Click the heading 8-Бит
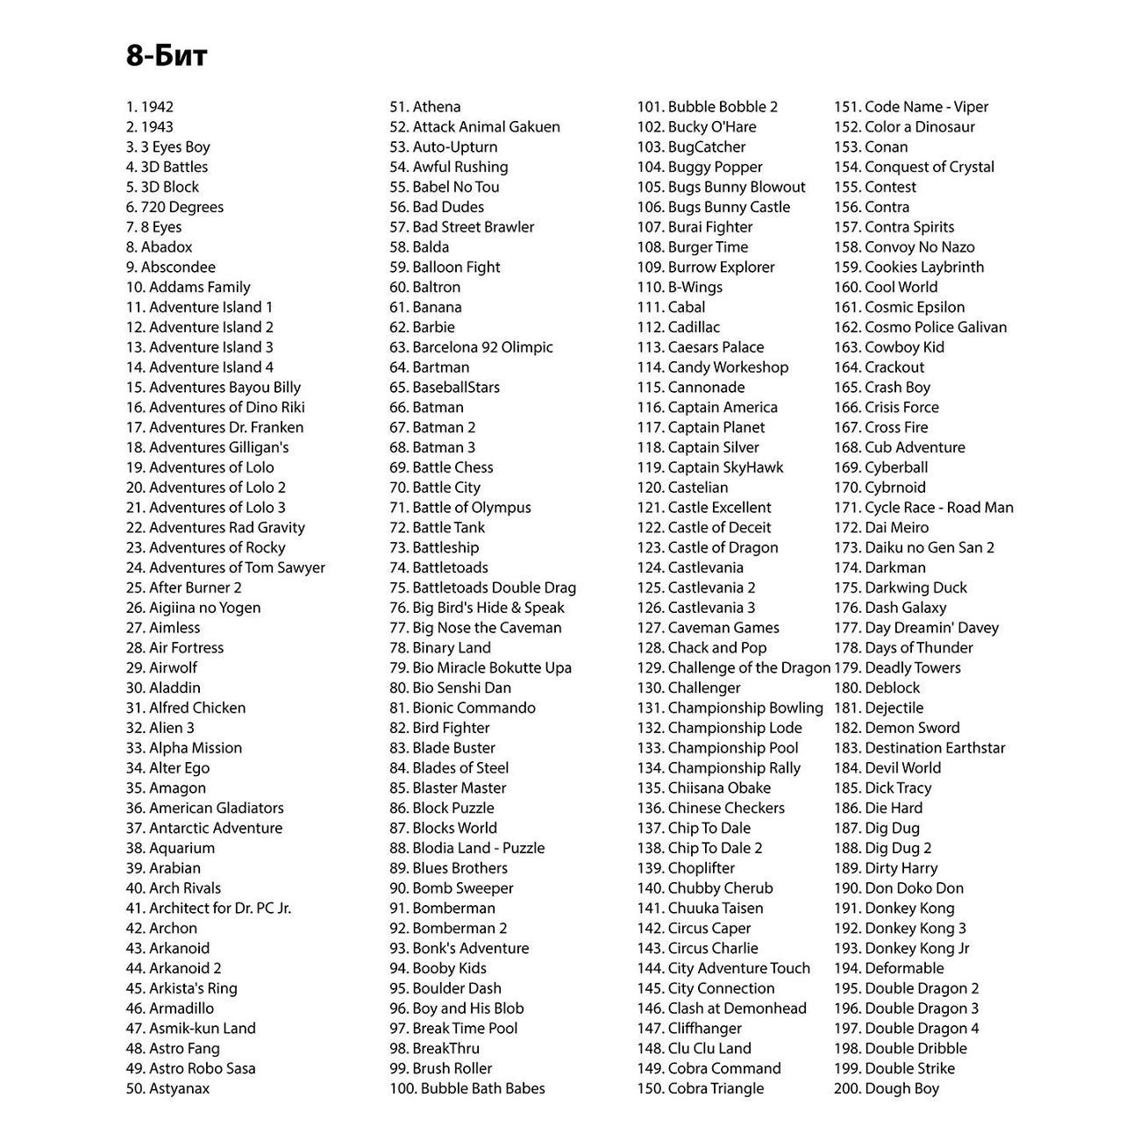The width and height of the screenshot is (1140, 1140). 167,56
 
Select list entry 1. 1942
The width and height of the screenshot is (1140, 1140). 150,107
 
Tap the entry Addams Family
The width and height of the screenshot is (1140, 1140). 188,287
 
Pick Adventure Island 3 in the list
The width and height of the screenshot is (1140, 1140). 199,347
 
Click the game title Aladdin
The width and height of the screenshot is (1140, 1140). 163,688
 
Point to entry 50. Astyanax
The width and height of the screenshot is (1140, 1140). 167,1088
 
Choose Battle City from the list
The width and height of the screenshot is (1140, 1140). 435,488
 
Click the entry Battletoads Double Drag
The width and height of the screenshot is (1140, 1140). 482,588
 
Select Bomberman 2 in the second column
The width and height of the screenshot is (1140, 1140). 448,928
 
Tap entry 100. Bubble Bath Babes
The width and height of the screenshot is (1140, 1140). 467,1088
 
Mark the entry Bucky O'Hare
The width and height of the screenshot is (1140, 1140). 696,127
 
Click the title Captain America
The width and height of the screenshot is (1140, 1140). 707,407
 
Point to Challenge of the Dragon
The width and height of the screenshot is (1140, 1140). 733,667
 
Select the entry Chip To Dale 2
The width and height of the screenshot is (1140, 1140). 700,848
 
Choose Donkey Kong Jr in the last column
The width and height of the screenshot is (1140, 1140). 901,948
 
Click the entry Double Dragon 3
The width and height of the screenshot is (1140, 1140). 906,1008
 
